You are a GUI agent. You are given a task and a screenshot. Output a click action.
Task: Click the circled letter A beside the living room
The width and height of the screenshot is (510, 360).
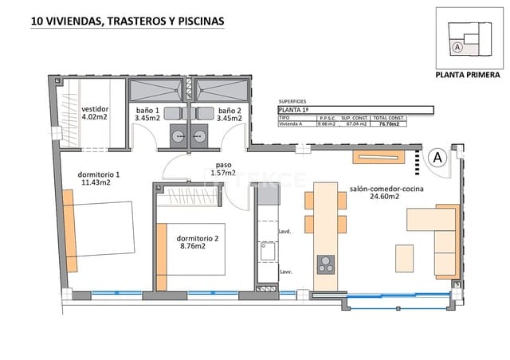(x=436, y=158)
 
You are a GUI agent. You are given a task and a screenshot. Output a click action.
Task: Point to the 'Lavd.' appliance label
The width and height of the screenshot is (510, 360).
(x=284, y=231)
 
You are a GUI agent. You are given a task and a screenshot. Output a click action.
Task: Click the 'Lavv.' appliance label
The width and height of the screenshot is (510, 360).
(x=284, y=272)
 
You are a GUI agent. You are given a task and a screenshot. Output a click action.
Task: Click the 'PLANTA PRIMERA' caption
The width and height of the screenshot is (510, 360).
(x=468, y=77)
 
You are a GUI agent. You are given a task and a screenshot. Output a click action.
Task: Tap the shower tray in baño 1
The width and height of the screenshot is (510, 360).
(x=156, y=88)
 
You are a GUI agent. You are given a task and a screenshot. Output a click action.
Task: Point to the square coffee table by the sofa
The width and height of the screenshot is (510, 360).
(x=405, y=259)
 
